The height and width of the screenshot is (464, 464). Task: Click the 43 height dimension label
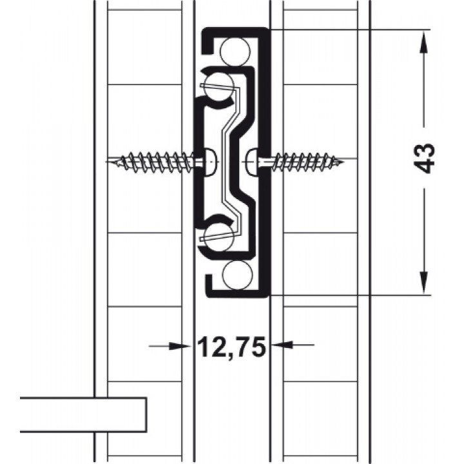pyautogui.click(x=424, y=159)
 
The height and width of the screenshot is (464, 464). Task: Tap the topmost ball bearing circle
pyautogui.click(x=236, y=52)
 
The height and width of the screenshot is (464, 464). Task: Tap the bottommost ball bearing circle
pyautogui.click(x=237, y=275)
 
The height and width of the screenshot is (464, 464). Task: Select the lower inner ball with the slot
pyautogui.click(x=219, y=236)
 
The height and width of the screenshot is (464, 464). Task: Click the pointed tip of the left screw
pyautogui.click(x=108, y=162)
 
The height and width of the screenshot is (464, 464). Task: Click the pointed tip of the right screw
pyautogui.click(x=343, y=162)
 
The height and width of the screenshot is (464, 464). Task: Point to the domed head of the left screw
pyautogui.click(x=211, y=162)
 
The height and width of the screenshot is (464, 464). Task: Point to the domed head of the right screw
pyautogui.click(x=252, y=162)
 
